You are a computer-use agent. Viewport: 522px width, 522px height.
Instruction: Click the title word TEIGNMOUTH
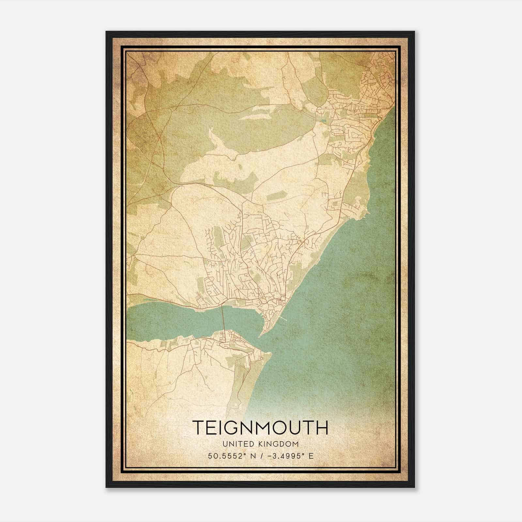pyautogui.click(x=260, y=428)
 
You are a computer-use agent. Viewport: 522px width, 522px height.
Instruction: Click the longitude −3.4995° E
pyautogui.click(x=286, y=456)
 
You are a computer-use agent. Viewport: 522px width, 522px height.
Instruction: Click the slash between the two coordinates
pyautogui.click(x=259, y=456)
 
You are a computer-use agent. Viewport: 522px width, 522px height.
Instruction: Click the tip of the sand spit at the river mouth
pyautogui.click(x=261, y=336)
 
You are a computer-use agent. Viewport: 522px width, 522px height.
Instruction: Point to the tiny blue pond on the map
pyautogui.click(x=323, y=121)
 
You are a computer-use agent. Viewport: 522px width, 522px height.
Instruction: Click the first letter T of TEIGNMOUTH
pyautogui.click(x=199, y=428)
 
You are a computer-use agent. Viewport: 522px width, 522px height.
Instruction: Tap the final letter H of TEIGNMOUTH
pyautogui.click(x=322, y=428)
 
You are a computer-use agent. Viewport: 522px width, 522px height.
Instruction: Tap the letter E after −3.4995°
pyautogui.click(x=311, y=456)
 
